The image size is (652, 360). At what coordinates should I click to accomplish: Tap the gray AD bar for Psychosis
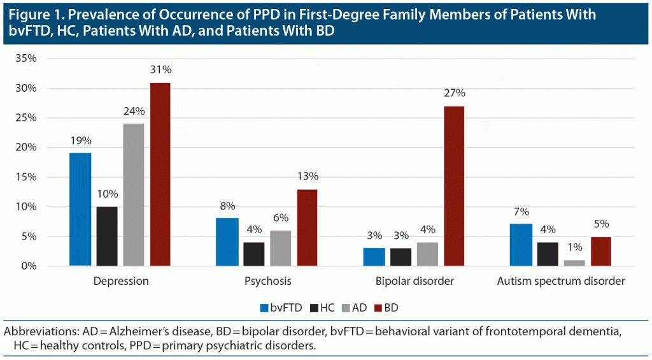pos(281,248)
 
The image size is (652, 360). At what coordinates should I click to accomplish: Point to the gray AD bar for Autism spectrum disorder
pos(574,263)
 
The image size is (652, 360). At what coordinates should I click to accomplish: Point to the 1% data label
pos(574,247)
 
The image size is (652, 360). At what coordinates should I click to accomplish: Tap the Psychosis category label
pos(267,281)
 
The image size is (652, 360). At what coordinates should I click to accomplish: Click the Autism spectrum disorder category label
pos(561,281)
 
